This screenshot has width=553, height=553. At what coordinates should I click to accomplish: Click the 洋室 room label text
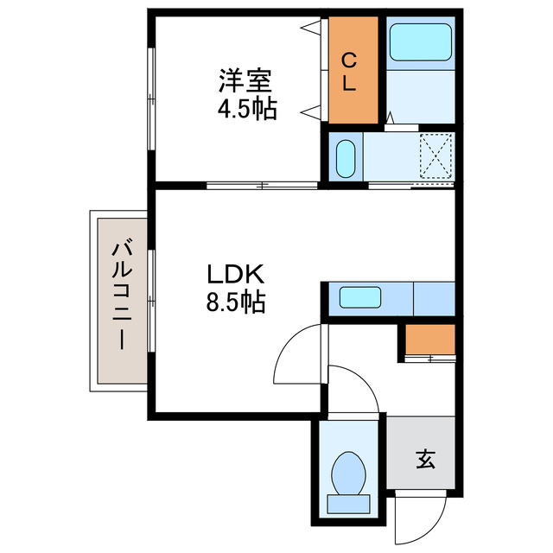[245, 83]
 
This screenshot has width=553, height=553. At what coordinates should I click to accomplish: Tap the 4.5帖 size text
[245, 110]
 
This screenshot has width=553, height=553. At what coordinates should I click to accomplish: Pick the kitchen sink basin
[357, 298]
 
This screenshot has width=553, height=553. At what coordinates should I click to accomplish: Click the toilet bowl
[350, 472]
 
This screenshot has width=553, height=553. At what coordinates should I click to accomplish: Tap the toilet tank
[350, 501]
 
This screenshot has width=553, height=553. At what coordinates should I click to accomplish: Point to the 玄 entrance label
[426, 459]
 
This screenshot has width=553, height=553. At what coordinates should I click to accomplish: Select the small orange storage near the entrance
[429, 340]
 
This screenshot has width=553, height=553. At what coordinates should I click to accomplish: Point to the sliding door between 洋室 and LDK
[262, 184]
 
